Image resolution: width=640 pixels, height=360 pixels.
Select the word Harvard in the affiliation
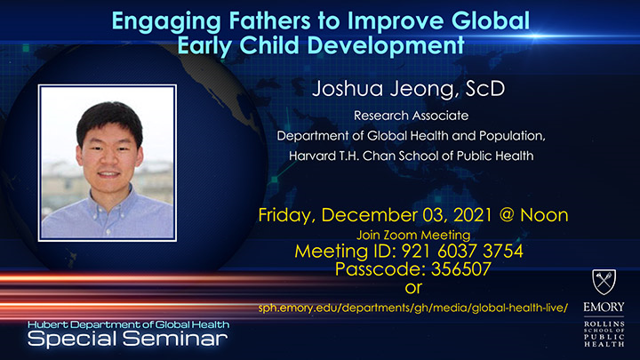coord(316,155)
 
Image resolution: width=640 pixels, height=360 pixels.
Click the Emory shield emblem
coord(608,283)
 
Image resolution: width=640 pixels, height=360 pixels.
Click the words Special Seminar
coord(128,339)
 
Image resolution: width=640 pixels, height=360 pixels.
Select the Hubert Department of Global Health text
coord(128,324)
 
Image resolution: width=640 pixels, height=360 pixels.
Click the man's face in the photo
coord(105,146)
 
